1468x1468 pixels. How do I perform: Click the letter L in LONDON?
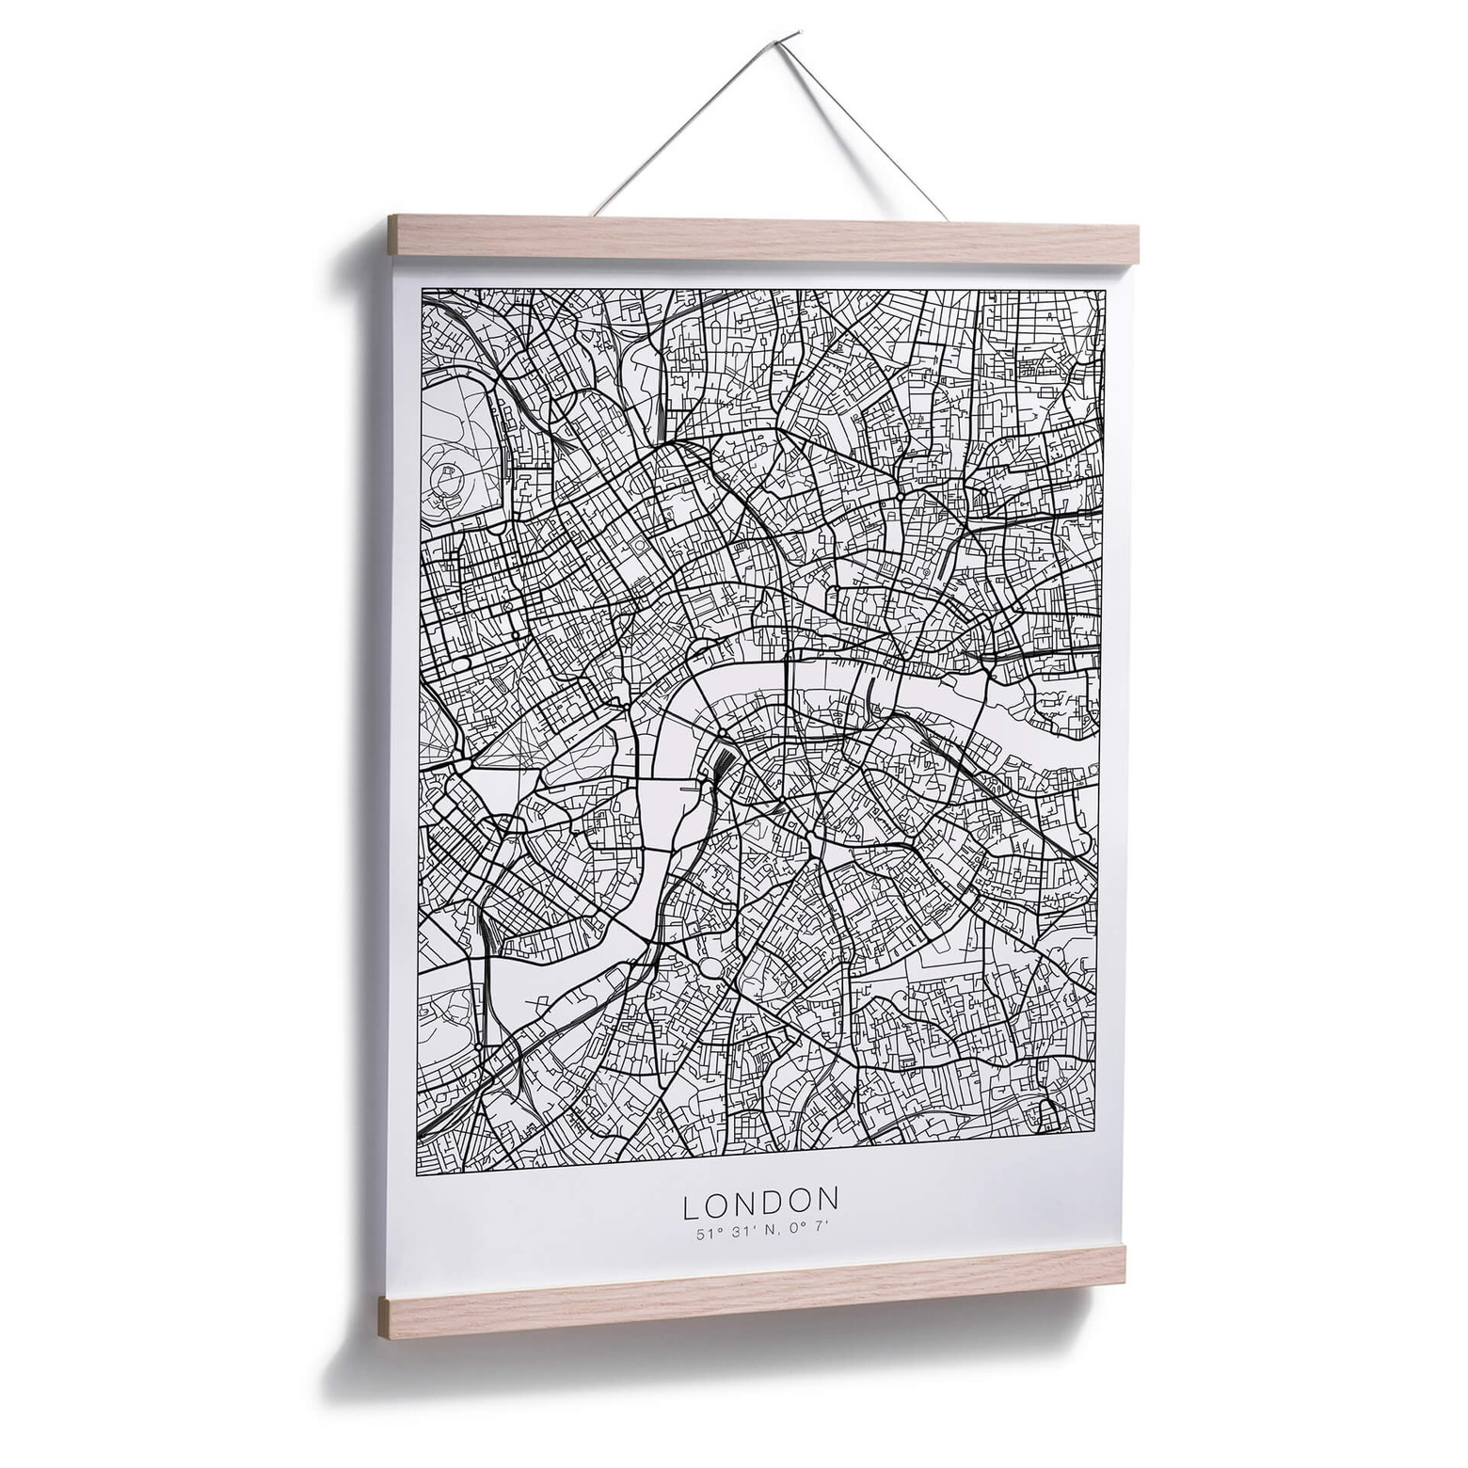[692, 1203]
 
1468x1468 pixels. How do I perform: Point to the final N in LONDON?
[827, 1199]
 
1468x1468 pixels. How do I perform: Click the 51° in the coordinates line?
[707, 1234]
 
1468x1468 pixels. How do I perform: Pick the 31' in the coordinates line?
[733, 1233]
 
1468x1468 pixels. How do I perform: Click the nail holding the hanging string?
[795, 36]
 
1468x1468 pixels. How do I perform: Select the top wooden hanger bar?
[762, 239]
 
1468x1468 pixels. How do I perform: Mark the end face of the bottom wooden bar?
[383, 1317]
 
